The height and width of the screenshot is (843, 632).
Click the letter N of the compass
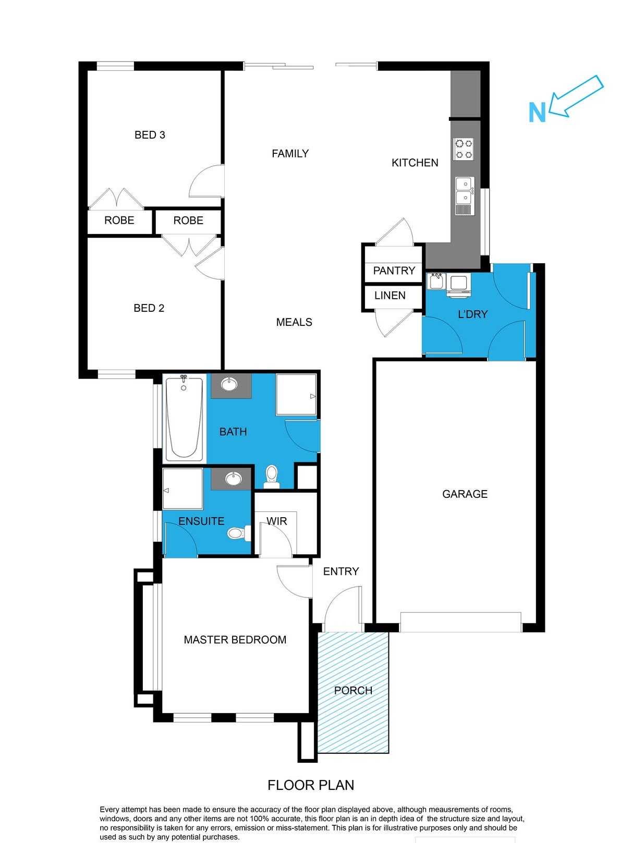(537, 113)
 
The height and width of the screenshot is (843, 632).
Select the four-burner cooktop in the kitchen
(464, 149)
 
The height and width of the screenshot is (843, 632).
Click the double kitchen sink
(464, 191)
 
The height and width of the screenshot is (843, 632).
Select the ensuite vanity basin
(232, 479)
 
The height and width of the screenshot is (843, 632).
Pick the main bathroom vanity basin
(229, 385)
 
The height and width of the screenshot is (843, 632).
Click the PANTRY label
(394, 271)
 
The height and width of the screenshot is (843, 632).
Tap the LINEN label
(390, 296)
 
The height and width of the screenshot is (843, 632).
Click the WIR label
(276, 521)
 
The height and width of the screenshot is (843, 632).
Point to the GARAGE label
(465, 494)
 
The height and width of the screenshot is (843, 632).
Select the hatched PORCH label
(353, 690)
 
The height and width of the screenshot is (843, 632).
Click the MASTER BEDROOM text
(235, 640)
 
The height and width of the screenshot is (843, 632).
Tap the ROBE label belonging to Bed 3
(119, 221)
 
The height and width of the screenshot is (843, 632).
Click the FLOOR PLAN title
(311, 785)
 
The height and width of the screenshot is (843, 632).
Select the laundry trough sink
(436, 282)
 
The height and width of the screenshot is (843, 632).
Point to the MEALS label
(294, 322)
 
